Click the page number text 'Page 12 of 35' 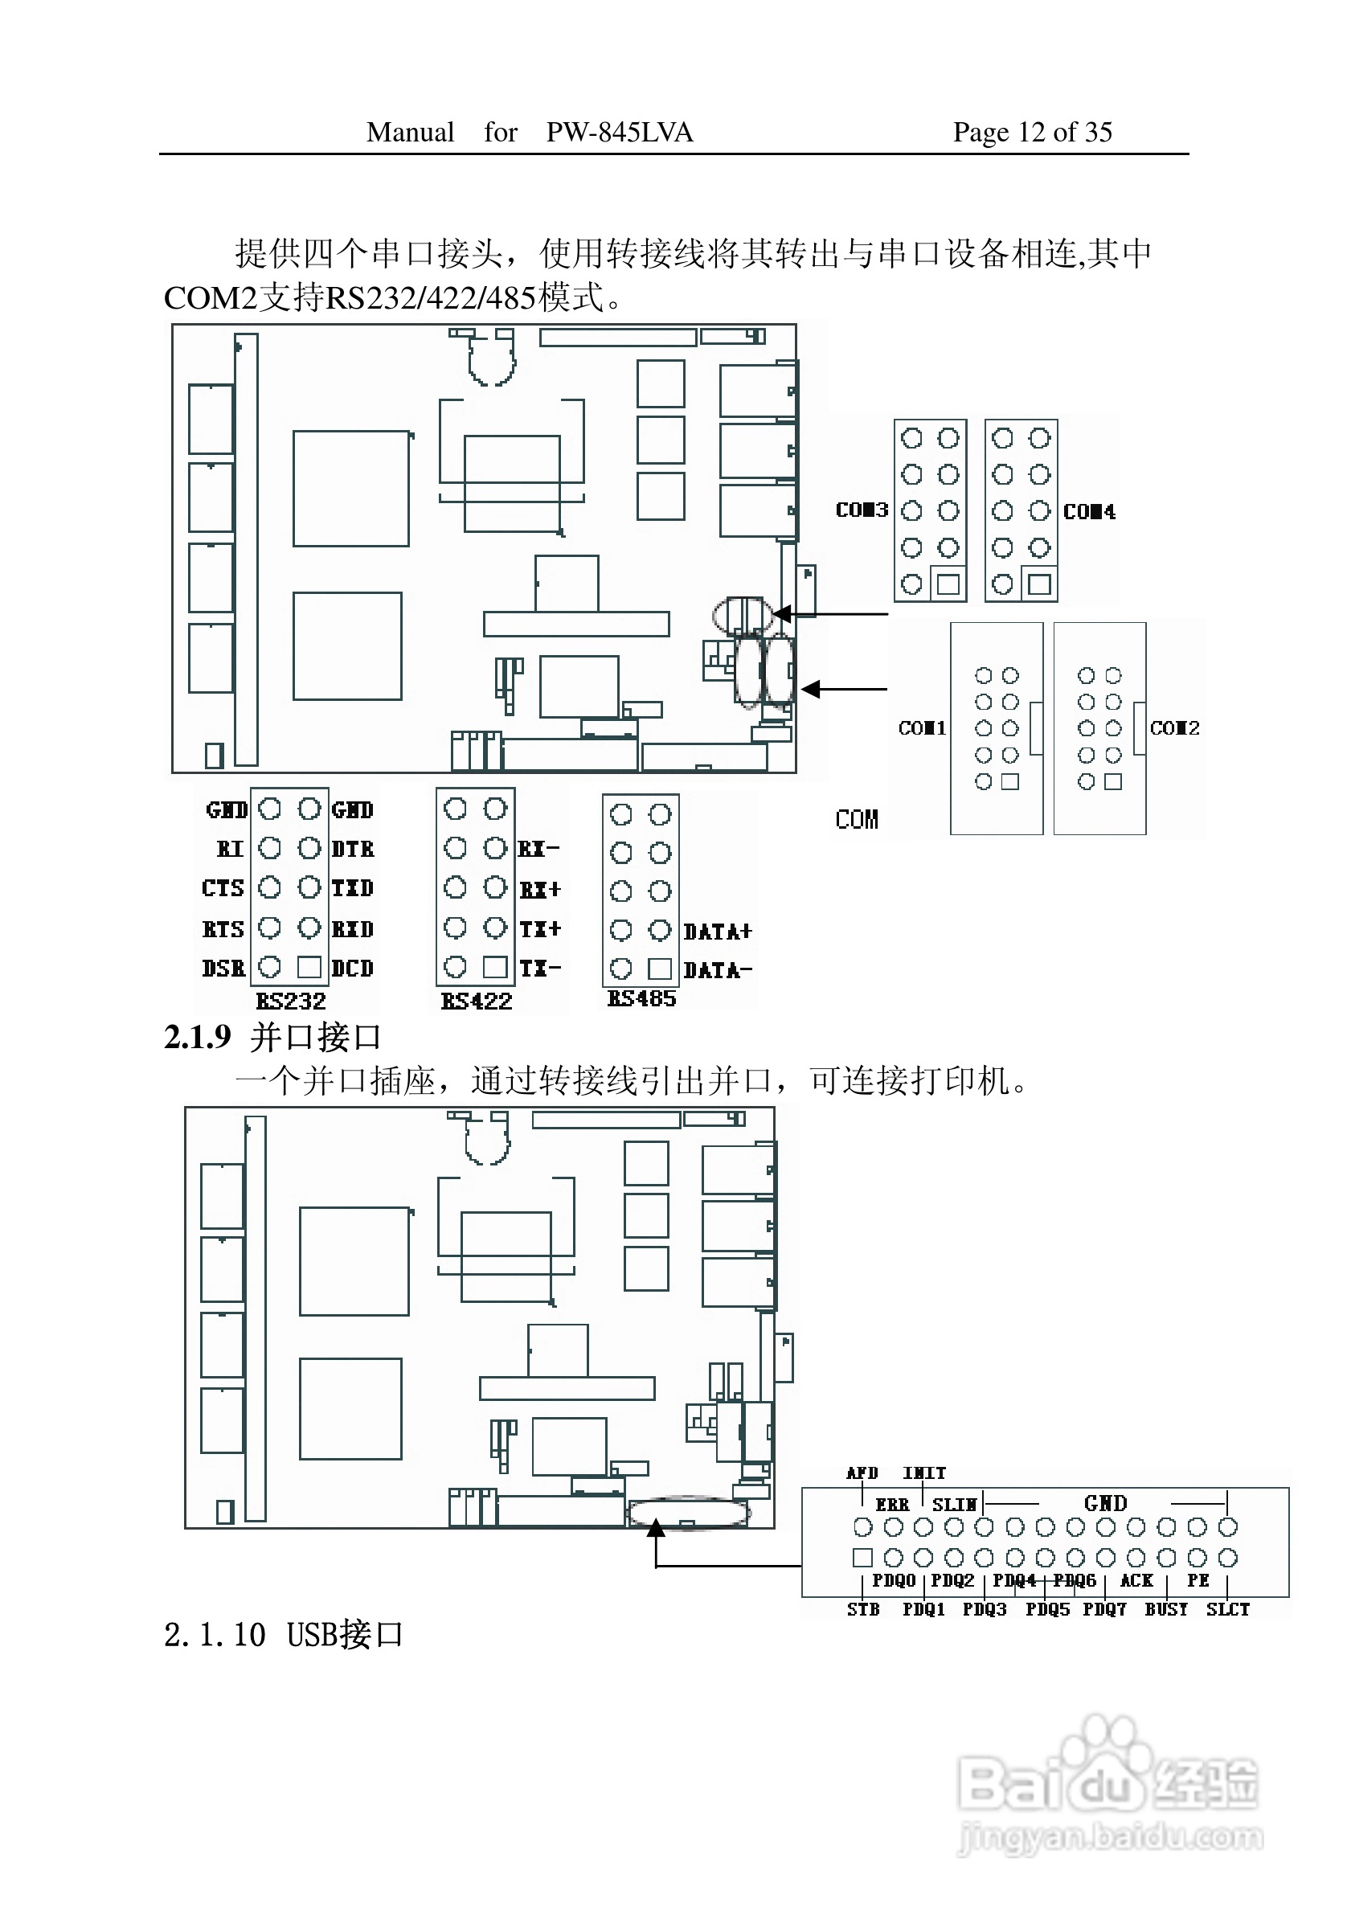tap(1032, 132)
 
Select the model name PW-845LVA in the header tap(619, 132)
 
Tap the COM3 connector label tap(862, 509)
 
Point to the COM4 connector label tap(1089, 510)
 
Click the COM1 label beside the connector tap(922, 727)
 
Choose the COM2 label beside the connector tap(1174, 727)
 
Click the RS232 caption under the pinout tap(290, 1001)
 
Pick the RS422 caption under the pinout tap(476, 1001)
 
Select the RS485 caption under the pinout tap(641, 997)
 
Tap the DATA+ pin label tap(717, 932)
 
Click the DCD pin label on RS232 tap(352, 969)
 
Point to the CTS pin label tap(223, 888)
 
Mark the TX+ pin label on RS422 tap(540, 928)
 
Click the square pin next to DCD tap(309, 966)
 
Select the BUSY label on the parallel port tap(1165, 1609)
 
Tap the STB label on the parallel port tap(863, 1609)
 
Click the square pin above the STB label tap(862, 1557)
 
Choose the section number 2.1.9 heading tap(198, 1038)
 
